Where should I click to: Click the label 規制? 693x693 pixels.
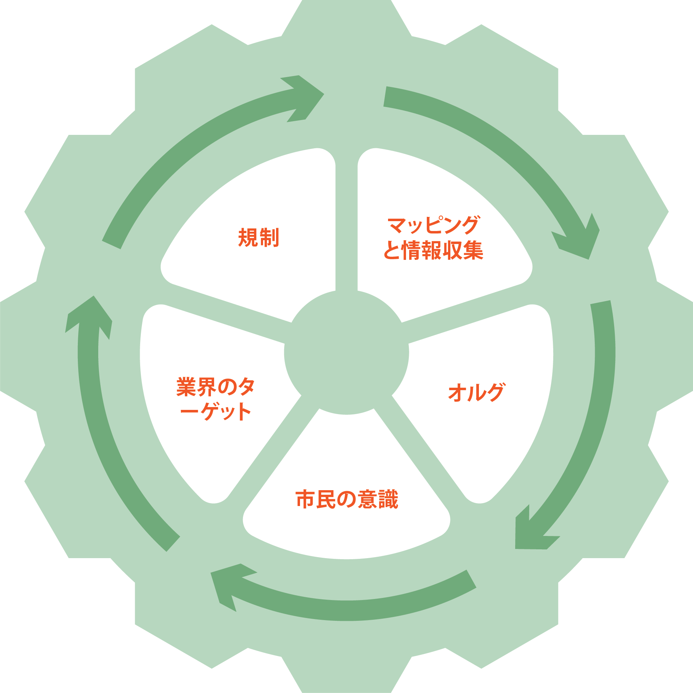pos(258,237)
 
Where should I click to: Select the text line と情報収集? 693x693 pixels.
pos(433,250)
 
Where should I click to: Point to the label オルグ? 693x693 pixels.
pos(476,392)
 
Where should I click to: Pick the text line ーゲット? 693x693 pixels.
pos(215,411)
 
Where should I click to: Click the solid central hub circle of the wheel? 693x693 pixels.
pos(346,352)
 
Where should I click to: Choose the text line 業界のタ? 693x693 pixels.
pos(215,387)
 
